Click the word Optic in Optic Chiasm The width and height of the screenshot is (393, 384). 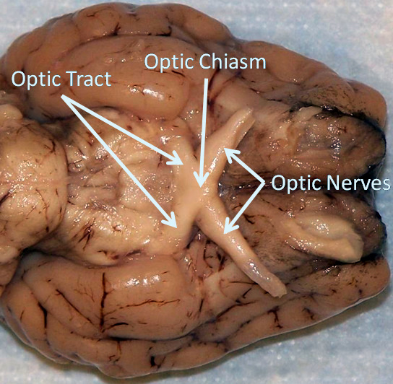tap(170, 63)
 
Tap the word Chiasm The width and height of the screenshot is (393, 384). tap(233, 61)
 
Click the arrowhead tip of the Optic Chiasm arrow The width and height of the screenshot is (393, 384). tap(201, 186)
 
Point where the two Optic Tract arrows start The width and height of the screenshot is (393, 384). tap(62, 96)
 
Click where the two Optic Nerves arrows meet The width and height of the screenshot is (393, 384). tap(264, 183)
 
